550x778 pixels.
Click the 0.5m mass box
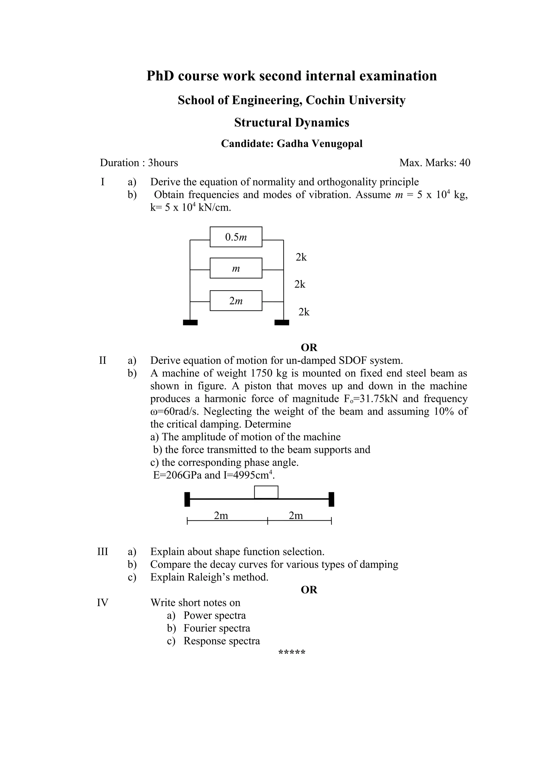tap(236, 237)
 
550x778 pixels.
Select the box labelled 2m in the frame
tap(236, 301)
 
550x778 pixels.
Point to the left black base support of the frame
tap(190, 322)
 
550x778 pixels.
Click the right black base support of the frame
tap(282, 322)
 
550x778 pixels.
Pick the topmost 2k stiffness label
tap(301, 257)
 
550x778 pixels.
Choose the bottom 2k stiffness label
tap(304, 312)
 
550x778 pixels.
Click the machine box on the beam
tap(266, 492)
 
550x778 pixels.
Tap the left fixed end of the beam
tap(187, 499)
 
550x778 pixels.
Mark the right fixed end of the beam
tap(331, 499)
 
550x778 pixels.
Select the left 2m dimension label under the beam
tap(221, 515)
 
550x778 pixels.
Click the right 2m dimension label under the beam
tap(296, 515)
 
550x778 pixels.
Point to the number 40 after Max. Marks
tap(465, 163)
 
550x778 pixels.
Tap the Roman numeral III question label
tap(102, 552)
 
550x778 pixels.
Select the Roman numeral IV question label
tap(102, 602)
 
